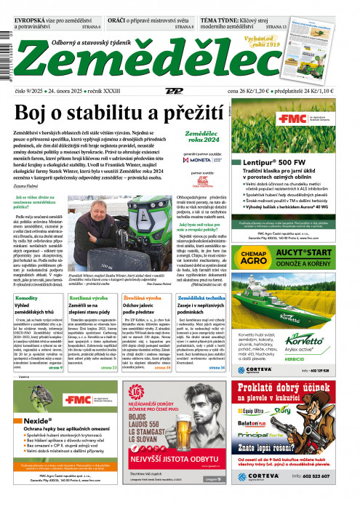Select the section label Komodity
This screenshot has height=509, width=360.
(x=27, y=297)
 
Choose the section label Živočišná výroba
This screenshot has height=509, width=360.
(x=143, y=297)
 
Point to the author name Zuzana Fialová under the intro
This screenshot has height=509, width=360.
(x=28, y=185)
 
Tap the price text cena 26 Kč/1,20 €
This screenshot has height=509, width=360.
(x=251, y=91)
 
